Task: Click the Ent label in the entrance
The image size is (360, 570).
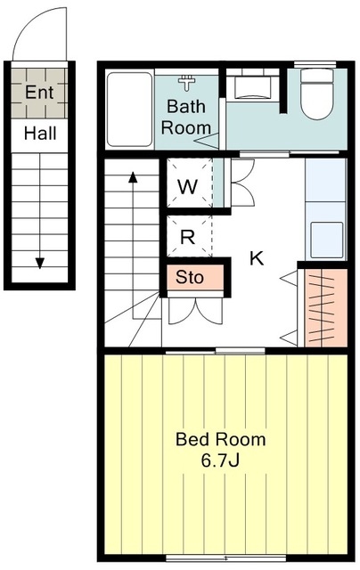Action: [39, 93]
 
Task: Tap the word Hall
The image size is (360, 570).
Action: [40, 134]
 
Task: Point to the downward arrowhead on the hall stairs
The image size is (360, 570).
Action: [39, 263]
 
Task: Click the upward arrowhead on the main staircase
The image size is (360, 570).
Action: [133, 177]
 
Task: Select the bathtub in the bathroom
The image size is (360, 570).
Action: [129, 110]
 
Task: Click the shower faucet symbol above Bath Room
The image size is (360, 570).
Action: [187, 83]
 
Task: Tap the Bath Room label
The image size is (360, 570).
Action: [186, 117]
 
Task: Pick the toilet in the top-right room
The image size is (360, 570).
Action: [317, 94]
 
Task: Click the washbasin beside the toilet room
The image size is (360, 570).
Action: [253, 87]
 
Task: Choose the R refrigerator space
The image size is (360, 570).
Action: [188, 236]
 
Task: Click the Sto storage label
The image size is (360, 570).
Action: [190, 277]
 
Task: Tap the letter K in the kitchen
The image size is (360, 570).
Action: [257, 258]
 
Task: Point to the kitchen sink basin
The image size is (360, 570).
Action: [326, 240]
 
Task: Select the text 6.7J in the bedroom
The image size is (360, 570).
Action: [220, 460]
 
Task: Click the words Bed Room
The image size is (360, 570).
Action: [221, 439]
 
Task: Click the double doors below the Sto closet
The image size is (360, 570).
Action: [196, 310]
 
